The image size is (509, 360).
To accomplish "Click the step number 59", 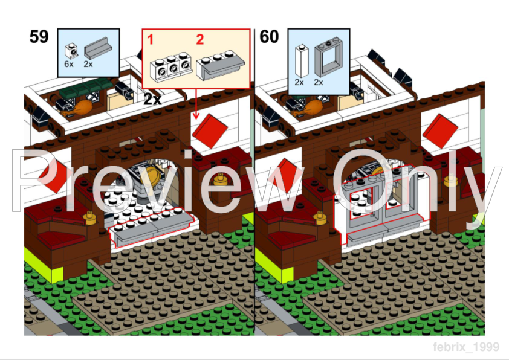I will [x=39, y=37].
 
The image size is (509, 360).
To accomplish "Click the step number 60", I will [x=269, y=37].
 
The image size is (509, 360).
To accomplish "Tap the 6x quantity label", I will [x=69, y=64].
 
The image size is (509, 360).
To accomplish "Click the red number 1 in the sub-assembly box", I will [x=151, y=40].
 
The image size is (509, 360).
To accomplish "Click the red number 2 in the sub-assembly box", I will [x=200, y=40].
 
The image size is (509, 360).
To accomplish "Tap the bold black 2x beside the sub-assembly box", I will [x=152, y=100].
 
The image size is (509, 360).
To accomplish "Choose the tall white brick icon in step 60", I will [x=300, y=60].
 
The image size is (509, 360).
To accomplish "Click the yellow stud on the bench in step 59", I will [x=91, y=216].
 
